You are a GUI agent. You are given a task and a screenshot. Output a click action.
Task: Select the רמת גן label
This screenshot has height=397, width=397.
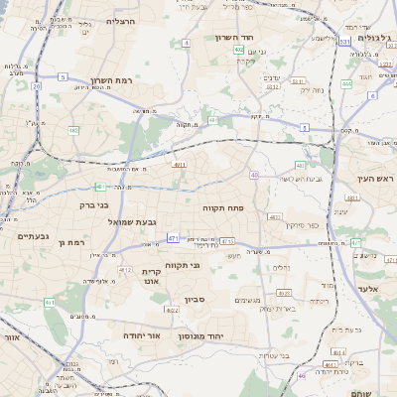point(73,241)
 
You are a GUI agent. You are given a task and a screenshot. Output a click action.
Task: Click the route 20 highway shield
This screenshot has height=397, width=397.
point(36,86)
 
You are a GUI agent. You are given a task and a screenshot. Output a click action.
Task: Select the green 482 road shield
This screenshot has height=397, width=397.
point(73,130)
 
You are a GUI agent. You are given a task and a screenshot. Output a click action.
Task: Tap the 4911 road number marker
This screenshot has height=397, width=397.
point(179,165)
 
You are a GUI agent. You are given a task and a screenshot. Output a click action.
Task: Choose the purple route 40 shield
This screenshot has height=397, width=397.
point(254,175)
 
